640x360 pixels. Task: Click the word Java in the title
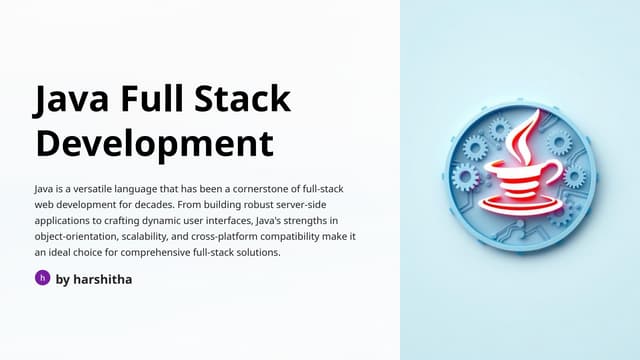tap(72, 101)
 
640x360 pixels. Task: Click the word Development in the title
tap(153, 143)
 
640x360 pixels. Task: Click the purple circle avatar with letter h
tap(42, 278)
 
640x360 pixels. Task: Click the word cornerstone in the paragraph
tap(277, 188)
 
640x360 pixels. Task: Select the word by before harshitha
tap(63, 279)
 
